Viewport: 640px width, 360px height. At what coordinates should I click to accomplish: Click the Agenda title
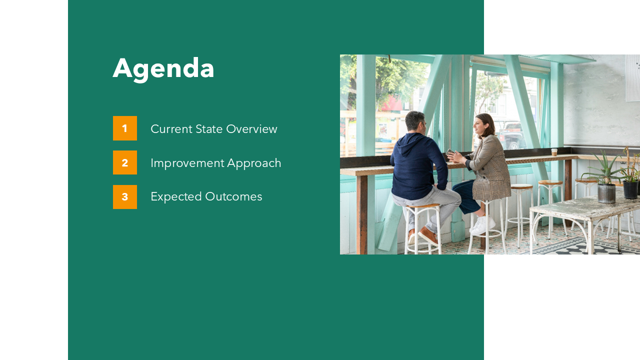pyautogui.click(x=163, y=68)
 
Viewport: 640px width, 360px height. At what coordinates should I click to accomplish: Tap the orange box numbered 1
pyautogui.click(x=125, y=128)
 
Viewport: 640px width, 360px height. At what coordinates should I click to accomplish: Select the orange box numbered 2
pyautogui.click(x=125, y=162)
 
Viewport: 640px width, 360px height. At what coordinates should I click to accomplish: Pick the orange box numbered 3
pyautogui.click(x=125, y=197)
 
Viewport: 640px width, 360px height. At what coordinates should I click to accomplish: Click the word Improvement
pyautogui.click(x=187, y=163)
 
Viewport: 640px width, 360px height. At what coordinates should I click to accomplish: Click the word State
pyautogui.click(x=209, y=129)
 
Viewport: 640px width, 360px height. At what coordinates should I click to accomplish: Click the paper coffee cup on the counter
pyautogui.click(x=554, y=152)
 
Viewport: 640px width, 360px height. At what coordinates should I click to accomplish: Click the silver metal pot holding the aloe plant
pyautogui.click(x=606, y=193)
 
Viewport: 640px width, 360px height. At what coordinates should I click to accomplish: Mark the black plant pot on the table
pyautogui.click(x=630, y=189)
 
